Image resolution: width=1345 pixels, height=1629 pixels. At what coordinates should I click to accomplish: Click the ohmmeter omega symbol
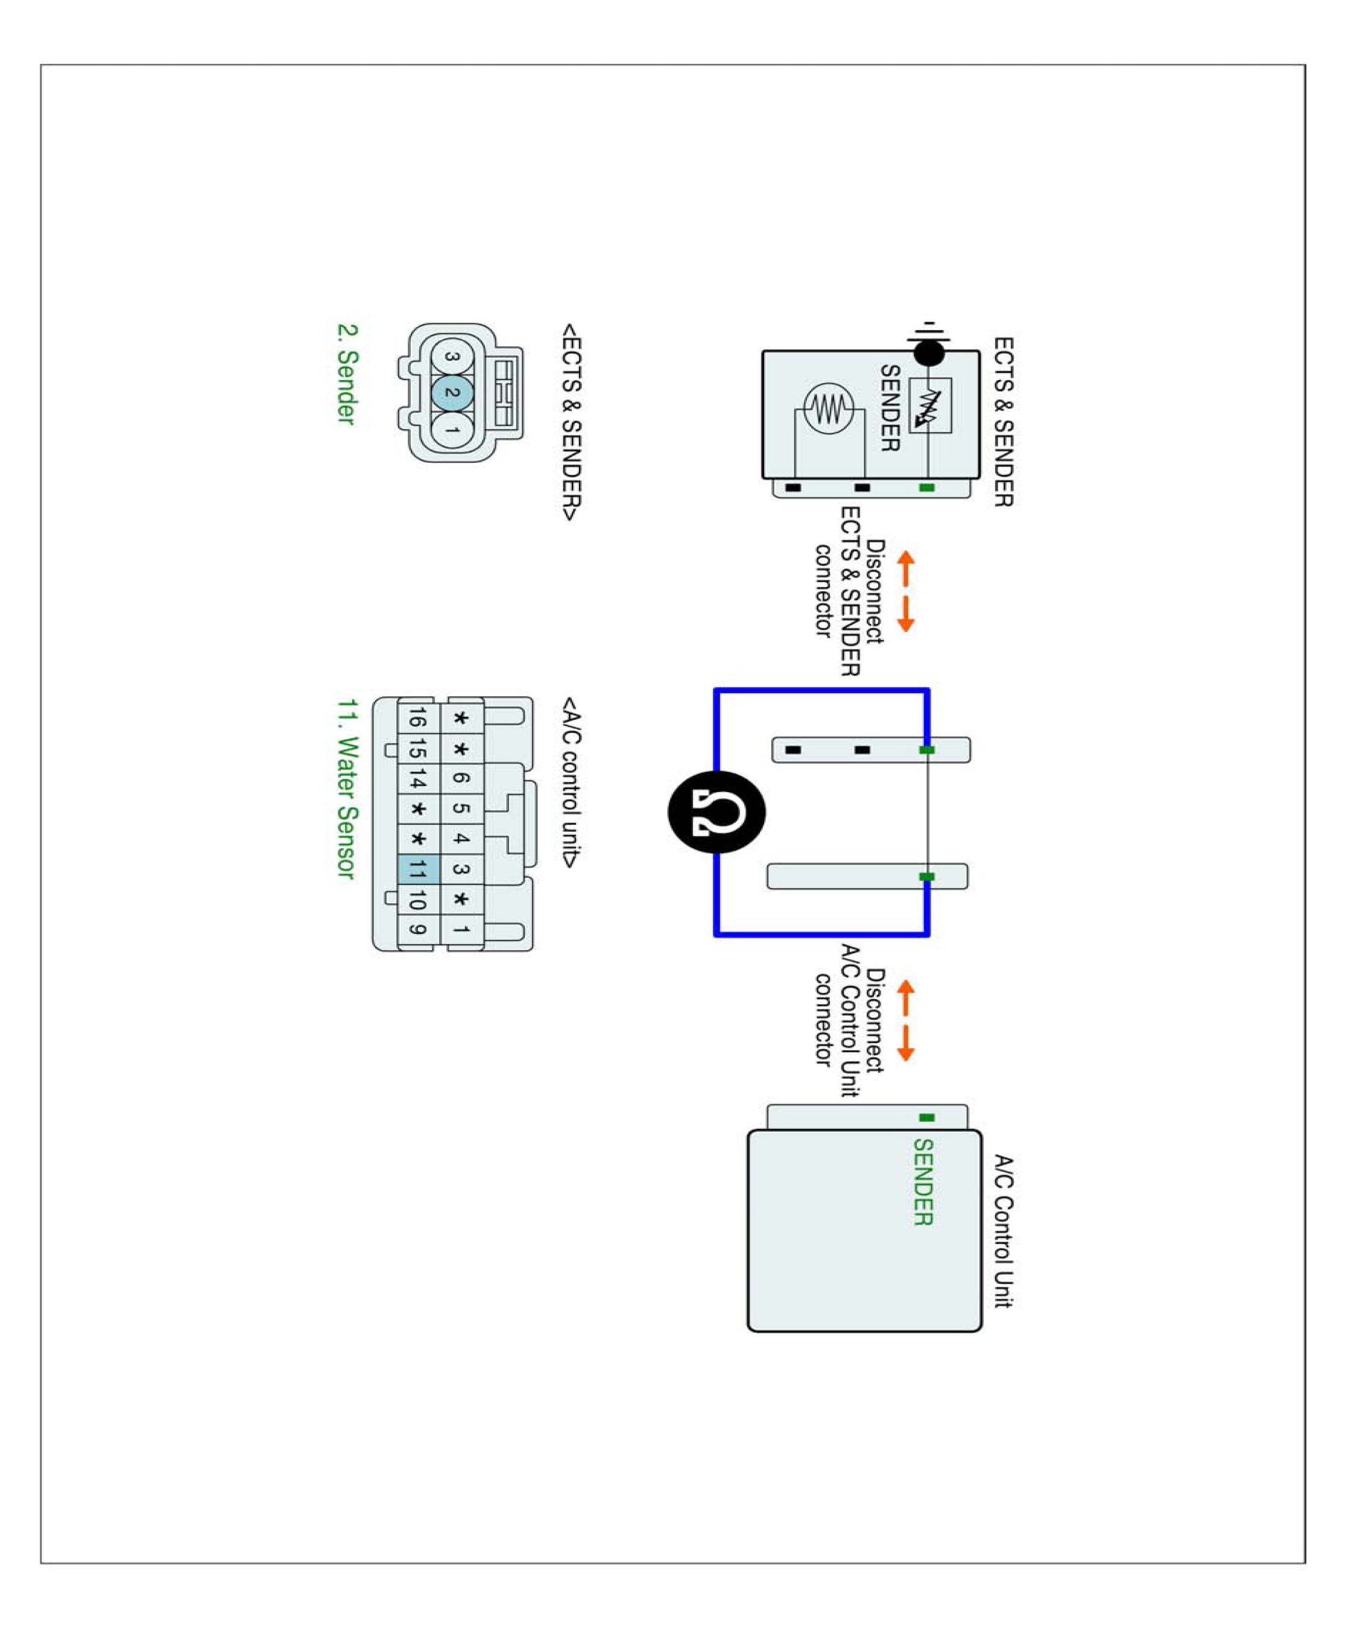(x=716, y=812)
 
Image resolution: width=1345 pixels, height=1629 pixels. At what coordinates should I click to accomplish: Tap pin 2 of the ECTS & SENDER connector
(x=452, y=393)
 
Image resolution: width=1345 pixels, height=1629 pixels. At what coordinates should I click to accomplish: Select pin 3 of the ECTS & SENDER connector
(x=452, y=357)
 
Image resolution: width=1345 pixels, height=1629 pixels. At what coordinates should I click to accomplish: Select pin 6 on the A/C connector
(x=461, y=778)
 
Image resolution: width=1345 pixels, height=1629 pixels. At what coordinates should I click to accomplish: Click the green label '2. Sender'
(x=347, y=373)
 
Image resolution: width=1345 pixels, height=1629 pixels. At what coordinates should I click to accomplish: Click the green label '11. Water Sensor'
(x=347, y=789)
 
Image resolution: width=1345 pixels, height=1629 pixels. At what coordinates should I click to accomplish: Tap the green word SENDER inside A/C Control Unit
(x=923, y=1181)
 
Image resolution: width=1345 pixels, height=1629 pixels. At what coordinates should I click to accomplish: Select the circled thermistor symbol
(x=828, y=408)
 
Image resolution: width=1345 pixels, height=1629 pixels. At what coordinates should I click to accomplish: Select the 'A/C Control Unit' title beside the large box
(x=1004, y=1231)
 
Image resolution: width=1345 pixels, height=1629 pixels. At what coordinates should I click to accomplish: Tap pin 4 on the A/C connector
(x=461, y=839)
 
